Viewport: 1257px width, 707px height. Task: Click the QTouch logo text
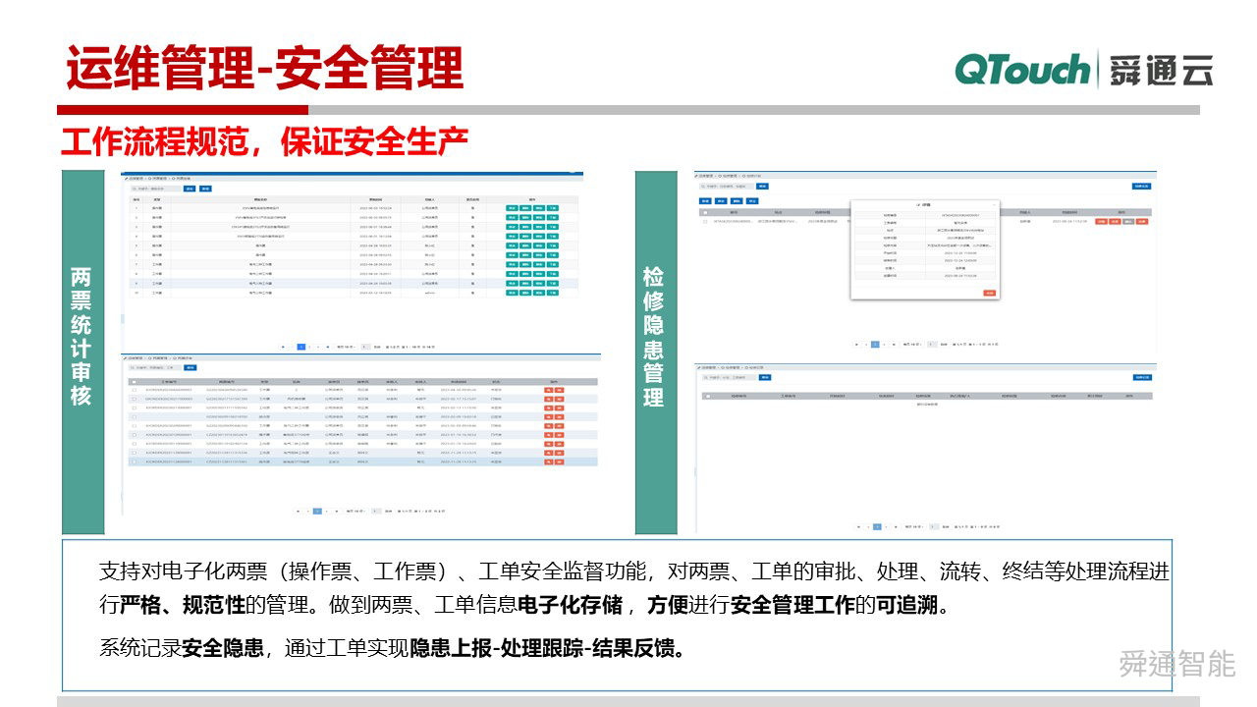click(x=1021, y=71)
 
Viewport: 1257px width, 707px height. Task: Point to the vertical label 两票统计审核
click(x=82, y=337)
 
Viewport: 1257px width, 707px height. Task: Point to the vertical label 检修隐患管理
click(x=653, y=337)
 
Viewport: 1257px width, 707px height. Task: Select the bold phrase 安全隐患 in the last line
click(x=223, y=648)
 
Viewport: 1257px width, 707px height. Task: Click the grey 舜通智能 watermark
click(x=1176, y=665)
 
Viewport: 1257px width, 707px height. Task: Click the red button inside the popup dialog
click(x=989, y=293)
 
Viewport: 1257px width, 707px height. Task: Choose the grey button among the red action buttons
click(x=1128, y=222)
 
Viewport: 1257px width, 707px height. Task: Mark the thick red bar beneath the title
click(x=183, y=110)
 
